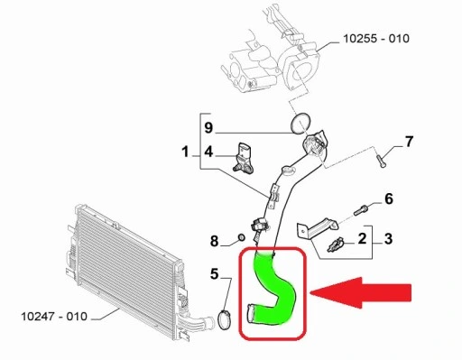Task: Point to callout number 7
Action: click(408, 142)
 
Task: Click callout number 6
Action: click(389, 198)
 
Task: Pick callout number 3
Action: click(389, 239)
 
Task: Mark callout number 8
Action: click(215, 240)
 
